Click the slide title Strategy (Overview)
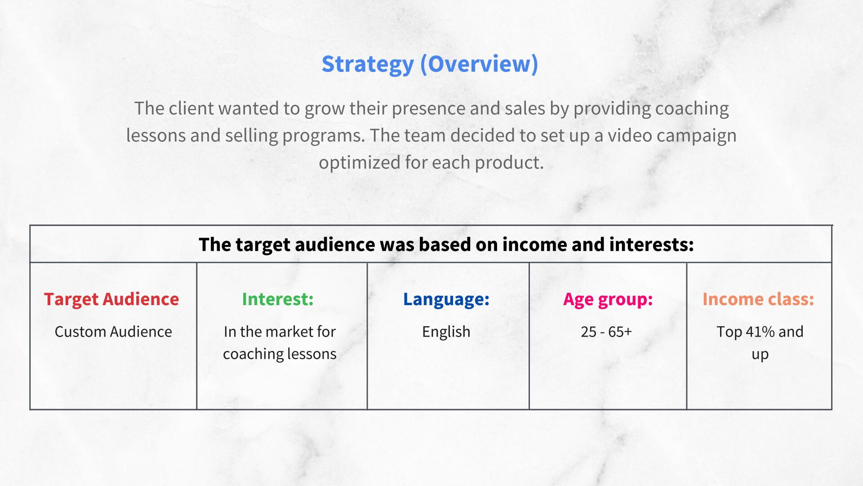point(430,64)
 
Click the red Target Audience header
point(111,299)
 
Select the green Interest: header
point(278,299)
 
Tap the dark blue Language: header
point(446,299)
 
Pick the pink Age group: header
point(608,299)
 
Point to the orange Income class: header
point(758,299)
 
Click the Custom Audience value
point(113,332)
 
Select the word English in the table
point(446,332)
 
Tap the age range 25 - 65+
point(606,332)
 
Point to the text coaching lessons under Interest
point(280,354)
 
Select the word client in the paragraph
point(191,108)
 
